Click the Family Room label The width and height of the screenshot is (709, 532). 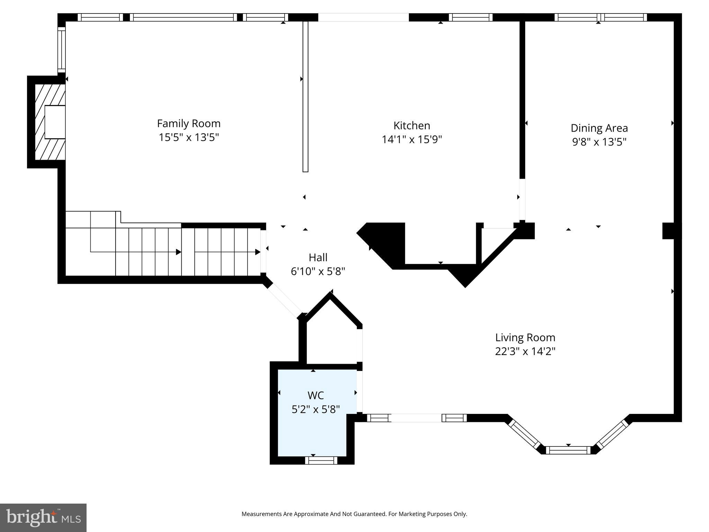pos(189,124)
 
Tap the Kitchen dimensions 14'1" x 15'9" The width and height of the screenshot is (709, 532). pos(412,140)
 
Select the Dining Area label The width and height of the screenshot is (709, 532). pos(599,128)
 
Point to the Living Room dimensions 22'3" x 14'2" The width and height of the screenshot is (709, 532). pos(525,352)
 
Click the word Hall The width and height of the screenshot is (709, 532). pos(318,257)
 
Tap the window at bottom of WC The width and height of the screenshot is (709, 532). pos(321,460)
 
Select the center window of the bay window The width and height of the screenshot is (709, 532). pos(568,450)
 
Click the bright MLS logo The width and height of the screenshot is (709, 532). pos(43,517)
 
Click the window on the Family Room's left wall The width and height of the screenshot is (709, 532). pos(61,50)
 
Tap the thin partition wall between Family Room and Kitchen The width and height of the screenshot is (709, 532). pos(305,96)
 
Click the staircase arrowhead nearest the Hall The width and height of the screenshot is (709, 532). pos(258,252)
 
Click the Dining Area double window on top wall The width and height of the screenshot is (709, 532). pos(601,17)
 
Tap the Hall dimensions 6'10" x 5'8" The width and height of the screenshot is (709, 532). pos(318,271)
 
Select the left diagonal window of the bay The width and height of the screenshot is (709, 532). pos(524,434)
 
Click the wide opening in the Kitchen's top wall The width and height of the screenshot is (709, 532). pos(363,17)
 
